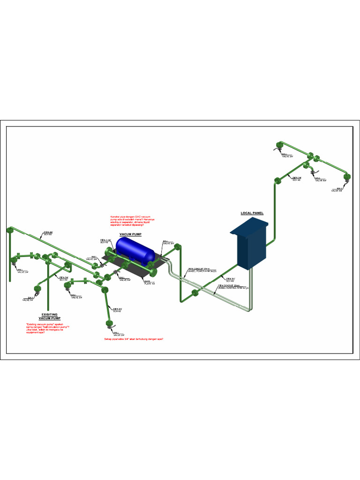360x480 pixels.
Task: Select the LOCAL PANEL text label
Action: pos(252,213)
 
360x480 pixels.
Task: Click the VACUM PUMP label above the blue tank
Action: pos(130,233)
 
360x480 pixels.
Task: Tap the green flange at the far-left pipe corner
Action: pos(9,230)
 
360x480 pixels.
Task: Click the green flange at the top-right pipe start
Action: pos(279,144)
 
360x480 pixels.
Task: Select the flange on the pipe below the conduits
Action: pos(195,293)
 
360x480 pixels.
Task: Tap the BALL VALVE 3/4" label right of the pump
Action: pos(168,242)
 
